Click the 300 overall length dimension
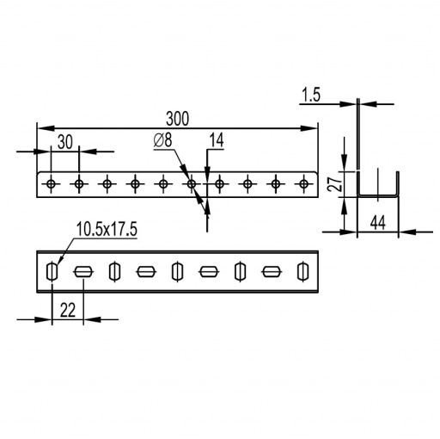177,119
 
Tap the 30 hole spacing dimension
65,142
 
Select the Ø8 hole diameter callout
162,140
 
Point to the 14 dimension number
217,140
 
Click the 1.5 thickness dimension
311,95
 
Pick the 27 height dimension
335,183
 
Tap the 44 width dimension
378,223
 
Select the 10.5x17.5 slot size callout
107,229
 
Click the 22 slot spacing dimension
68,310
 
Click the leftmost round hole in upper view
51,183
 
